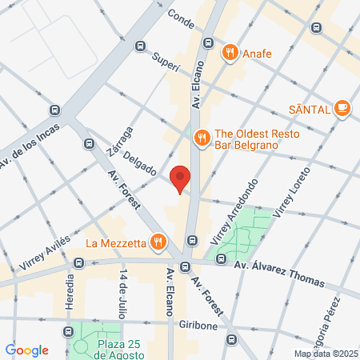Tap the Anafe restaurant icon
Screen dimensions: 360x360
(230, 53)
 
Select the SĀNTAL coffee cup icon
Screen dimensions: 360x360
(342, 107)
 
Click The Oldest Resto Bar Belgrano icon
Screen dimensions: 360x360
(201, 137)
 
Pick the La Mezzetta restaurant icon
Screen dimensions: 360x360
(159, 241)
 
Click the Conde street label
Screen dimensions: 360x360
(182, 19)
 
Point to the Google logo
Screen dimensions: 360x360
(26, 350)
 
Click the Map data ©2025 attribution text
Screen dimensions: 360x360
(323, 354)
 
